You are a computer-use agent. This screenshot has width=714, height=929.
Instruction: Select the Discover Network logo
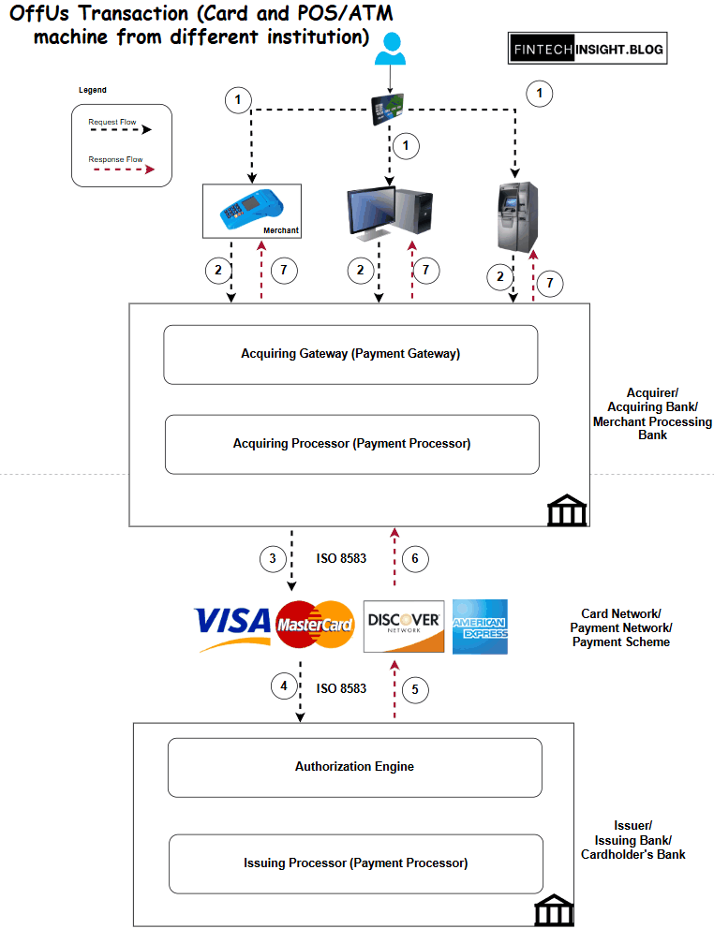click(403, 626)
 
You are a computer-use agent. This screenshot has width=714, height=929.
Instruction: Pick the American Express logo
click(480, 627)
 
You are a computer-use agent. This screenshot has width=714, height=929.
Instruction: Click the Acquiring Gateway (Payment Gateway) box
click(350, 354)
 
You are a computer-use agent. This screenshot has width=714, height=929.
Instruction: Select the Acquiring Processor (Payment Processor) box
click(351, 444)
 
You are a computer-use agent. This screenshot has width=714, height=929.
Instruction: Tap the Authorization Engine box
click(354, 767)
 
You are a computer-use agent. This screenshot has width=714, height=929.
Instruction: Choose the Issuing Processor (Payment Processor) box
click(355, 863)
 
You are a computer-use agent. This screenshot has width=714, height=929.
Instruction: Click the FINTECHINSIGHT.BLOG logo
click(588, 49)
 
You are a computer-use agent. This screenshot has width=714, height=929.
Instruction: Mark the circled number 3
click(272, 559)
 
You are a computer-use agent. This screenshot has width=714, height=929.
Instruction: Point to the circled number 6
click(416, 559)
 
